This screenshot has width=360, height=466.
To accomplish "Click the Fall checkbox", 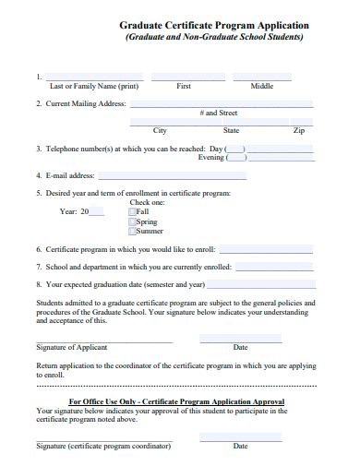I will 132,211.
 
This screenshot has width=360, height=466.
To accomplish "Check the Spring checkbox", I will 132,221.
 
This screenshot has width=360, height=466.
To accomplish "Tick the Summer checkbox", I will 132,232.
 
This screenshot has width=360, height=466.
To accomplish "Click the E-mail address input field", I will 172,174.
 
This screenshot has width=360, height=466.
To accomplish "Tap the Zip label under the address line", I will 298,130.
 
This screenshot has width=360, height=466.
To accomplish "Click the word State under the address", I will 231,130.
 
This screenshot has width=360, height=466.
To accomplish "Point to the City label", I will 160,130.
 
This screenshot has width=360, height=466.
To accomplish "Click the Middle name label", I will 262,86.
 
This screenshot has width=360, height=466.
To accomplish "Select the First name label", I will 184,86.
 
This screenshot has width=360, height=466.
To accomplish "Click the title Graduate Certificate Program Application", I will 214,26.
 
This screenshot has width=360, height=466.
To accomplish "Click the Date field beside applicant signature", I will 240,340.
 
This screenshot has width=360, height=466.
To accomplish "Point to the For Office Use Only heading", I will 176,401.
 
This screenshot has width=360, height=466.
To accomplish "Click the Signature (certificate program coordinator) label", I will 103,447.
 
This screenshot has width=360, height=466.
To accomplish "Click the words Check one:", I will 148,202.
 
